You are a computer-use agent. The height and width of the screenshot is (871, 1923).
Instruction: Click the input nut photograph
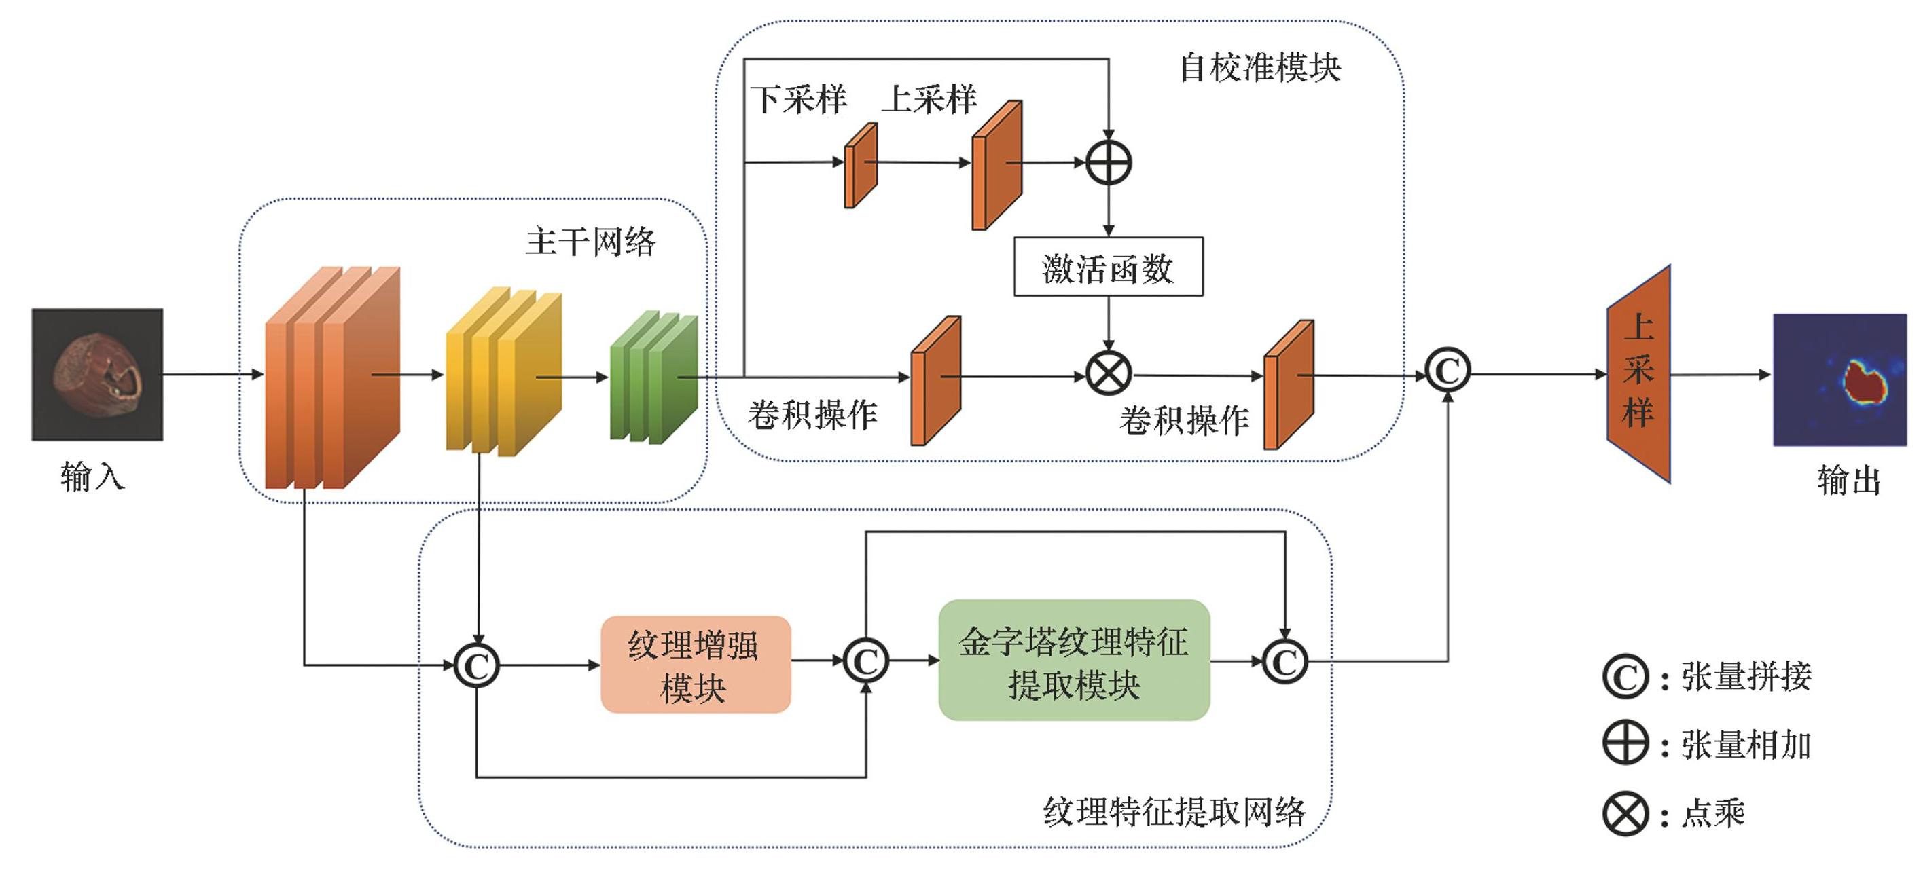click(97, 374)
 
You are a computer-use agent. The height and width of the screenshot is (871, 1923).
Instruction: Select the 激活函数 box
click(1108, 267)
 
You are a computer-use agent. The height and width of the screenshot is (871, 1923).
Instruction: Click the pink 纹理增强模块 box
click(695, 664)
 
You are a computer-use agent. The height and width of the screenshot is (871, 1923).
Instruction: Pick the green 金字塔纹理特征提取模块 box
click(1073, 661)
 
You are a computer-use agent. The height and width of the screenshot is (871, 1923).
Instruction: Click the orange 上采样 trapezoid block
click(1638, 373)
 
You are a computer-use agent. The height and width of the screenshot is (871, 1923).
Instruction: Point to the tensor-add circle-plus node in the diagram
click(1109, 163)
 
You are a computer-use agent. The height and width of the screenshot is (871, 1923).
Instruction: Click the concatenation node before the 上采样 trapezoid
click(1448, 371)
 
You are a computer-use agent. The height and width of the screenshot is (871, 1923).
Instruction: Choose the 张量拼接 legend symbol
click(1625, 677)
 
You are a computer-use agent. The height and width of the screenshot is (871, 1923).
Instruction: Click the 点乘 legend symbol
click(1625, 813)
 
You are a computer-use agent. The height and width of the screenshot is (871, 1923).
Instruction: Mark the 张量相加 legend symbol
click(1625, 744)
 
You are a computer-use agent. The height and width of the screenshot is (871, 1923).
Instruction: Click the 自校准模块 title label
click(1259, 68)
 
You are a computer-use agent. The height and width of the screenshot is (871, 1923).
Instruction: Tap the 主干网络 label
click(590, 242)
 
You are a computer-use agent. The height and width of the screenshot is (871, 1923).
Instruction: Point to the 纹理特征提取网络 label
click(1174, 811)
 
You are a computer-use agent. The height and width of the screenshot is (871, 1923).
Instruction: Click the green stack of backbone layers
click(653, 377)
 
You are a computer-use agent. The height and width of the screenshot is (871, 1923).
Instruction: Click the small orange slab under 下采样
click(860, 166)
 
